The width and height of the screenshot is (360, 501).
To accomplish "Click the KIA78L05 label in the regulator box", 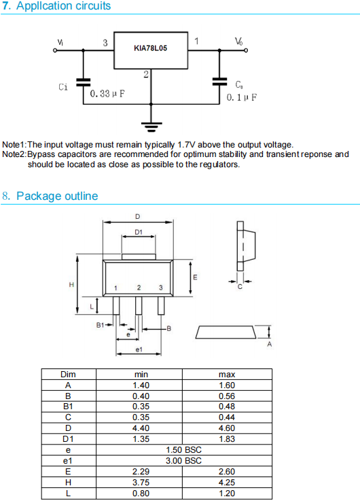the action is (150, 48).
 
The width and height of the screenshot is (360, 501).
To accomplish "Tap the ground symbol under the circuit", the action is (151, 127).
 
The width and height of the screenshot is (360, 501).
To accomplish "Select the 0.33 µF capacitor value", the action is (107, 94).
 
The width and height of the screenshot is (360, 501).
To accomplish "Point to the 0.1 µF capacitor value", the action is (241, 97).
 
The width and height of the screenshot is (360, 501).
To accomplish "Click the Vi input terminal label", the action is (60, 42).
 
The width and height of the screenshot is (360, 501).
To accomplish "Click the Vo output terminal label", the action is (238, 41).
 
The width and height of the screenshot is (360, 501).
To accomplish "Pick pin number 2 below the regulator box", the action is (146, 75).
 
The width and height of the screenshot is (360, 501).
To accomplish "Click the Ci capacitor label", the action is (63, 87).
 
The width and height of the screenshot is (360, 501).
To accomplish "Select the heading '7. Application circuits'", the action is (56, 5).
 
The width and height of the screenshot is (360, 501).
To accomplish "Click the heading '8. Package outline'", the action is (50, 196).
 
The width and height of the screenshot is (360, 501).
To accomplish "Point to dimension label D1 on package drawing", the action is (139, 232).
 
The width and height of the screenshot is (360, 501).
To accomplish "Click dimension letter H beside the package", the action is (71, 284).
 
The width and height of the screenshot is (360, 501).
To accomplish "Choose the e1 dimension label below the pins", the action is (139, 349).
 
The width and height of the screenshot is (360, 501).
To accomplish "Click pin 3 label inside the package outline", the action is (161, 288).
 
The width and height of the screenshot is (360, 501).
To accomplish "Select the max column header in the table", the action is (227, 375).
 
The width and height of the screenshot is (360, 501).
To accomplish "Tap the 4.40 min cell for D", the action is (141, 428).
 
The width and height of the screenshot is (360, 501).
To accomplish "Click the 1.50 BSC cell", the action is (184, 450).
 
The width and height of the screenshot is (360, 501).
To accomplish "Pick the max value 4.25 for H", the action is (227, 483).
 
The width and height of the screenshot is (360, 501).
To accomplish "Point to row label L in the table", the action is (68, 494).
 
